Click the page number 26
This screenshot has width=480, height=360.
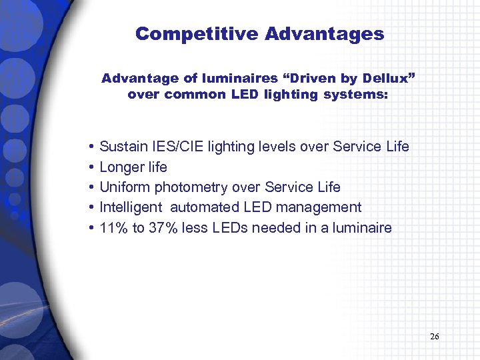click(435, 337)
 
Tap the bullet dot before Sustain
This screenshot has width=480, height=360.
click(90, 147)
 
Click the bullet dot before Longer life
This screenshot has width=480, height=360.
click(90, 167)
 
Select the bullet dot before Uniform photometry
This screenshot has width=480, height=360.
click(90, 187)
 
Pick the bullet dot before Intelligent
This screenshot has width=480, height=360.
click(90, 208)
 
